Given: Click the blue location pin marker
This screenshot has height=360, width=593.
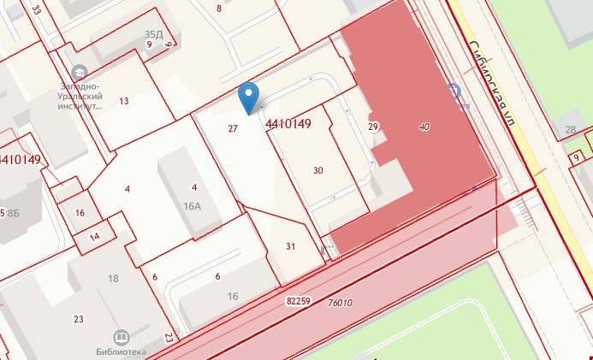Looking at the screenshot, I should pos(248,97).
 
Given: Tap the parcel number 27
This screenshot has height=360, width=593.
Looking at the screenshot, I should pos(233,128).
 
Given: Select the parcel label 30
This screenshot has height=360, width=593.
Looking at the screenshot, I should pos(318,170).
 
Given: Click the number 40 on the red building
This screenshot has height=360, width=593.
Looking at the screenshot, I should pos(424,127).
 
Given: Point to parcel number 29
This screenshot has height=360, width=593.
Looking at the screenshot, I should pos(373,127).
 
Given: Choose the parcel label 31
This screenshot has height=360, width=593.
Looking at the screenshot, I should pos(290,246).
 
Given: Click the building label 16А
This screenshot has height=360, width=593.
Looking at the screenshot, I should pos(192,205).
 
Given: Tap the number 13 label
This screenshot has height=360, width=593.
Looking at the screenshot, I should pos(124,101).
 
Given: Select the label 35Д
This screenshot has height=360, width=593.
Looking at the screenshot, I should pos(154,34).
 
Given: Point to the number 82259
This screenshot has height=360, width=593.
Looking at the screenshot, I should pos(298,301).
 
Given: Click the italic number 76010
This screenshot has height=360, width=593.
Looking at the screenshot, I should pos(341,303).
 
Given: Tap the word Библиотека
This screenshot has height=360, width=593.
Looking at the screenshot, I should pos(120,351).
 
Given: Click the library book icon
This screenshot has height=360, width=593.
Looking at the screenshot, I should pos(120,337).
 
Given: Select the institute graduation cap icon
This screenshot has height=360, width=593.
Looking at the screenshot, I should pos(80,71).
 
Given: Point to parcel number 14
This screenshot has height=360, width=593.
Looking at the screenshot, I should pos(95,236).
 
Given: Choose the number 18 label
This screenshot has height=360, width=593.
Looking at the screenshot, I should pos(113,279).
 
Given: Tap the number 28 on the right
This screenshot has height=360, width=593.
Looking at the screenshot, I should pos(570,130).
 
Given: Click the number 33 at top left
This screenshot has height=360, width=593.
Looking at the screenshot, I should pos(36,9).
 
